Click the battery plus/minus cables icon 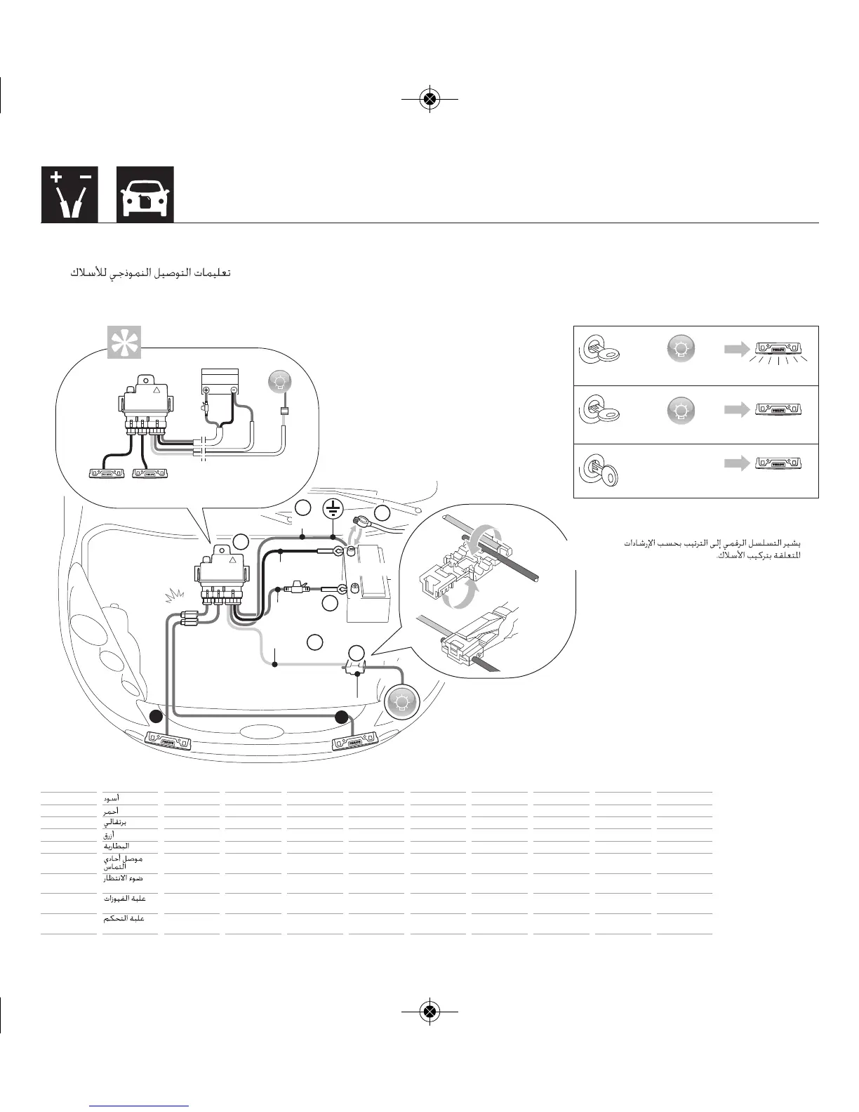coord(69,194)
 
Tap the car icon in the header coord(145,194)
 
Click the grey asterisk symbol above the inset coord(124,342)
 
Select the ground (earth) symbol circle coord(333,509)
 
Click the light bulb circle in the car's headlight coord(401,702)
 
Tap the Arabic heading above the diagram coord(151,272)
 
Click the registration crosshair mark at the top coord(429,99)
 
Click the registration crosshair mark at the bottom coord(429,1011)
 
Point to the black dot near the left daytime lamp coord(157,717)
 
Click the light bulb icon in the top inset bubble coord(280,381)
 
